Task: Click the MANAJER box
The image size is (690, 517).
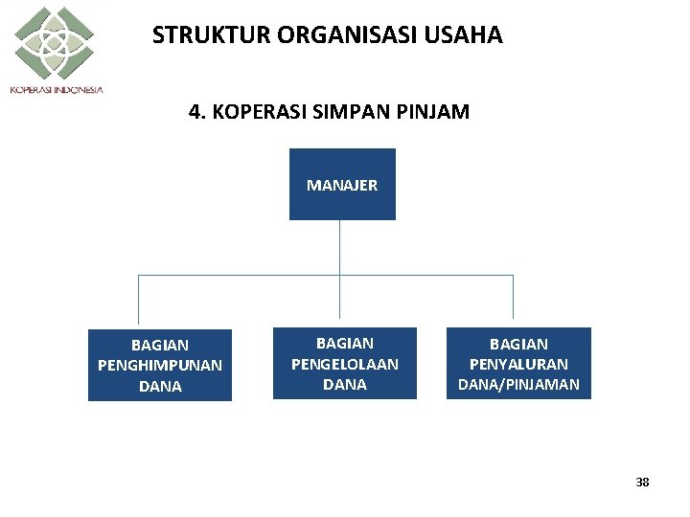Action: click(342, 185)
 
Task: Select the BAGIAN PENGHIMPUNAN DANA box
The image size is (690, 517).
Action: click(160, 365)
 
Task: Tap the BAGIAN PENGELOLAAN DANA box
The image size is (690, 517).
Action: click(345, 363)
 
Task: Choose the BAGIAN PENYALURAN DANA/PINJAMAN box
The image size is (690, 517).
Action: click(518, 363)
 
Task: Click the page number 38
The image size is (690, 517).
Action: click(642, 483)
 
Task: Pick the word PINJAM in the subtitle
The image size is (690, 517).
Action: click(434, 112)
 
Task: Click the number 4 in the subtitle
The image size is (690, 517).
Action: click(195, 112)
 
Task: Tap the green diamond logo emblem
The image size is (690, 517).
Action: click(54, 43)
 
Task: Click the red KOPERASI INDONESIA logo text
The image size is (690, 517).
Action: click(57, 90)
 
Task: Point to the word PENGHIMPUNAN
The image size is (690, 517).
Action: click(160, 365)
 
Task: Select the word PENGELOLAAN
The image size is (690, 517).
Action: click(345, 364)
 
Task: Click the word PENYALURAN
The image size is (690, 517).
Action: click(518, 364)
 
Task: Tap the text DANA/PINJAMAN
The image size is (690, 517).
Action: click(518, 384)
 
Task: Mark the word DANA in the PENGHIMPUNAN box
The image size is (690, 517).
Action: click(160, 386)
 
